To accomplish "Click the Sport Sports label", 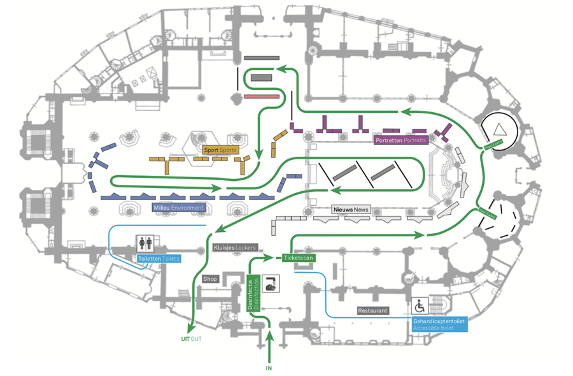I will pos(220,150).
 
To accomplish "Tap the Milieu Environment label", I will pos(179,208).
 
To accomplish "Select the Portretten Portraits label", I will pos(401,140).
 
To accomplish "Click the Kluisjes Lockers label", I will pos(234,247).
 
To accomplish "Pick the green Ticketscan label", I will pos(298,258).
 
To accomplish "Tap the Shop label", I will pos(210,279).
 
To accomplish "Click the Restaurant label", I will pos(372,311).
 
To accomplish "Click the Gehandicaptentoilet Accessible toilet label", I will pos(439,324).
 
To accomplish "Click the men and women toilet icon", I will pos(145,243).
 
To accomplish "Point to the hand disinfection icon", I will pos(272,284).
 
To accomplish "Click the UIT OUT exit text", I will pos(191,339).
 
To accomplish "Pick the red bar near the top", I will pos(261,96).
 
